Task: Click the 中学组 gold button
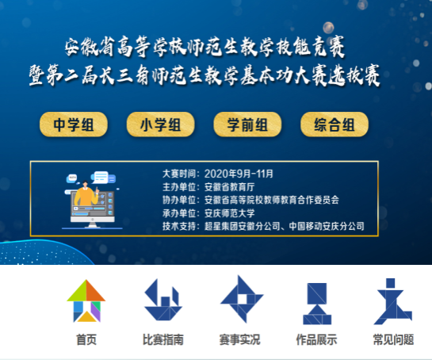click(74, 124)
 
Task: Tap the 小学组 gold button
click(161, 124)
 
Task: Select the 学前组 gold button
click(247, 124)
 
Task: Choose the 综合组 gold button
click(335, 124)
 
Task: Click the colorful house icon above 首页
click(86, 301)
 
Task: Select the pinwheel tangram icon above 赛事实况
click(242, 299)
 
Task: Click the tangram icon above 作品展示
click(317, 304)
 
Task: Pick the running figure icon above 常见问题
click(393, 301)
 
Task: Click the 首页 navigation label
click(86, 339)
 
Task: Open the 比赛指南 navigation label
click(163, 339)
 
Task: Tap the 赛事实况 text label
click(239, 339)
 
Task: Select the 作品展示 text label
click(316, 339)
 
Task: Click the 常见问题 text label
click(393, 339)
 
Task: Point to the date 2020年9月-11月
click(239, 174)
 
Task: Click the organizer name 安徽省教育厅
click(230, 187)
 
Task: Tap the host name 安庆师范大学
click(230, 213)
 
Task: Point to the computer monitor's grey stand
click(93, 224)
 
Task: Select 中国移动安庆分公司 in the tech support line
click(327, 226)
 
